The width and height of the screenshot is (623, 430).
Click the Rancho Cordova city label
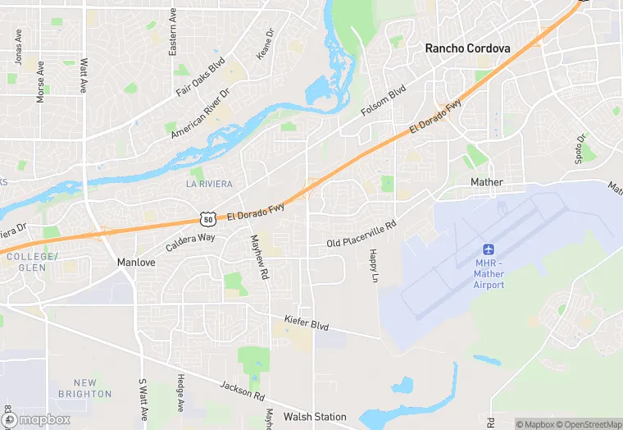coord(467,48)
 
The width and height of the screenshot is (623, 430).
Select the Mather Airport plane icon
coord(489,249)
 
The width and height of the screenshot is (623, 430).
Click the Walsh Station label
coord(315,417)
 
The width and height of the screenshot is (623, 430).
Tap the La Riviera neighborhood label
coord(209,184)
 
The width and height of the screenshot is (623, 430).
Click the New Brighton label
coord(84,388)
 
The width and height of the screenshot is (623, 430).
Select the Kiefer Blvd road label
coord(307,323)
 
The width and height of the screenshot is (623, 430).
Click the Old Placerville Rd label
coord(361,233)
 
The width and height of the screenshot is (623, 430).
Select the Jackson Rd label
coord(242,391)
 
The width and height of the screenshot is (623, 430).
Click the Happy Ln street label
coord(373,266)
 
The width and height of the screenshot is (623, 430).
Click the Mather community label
coord(487,182)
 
